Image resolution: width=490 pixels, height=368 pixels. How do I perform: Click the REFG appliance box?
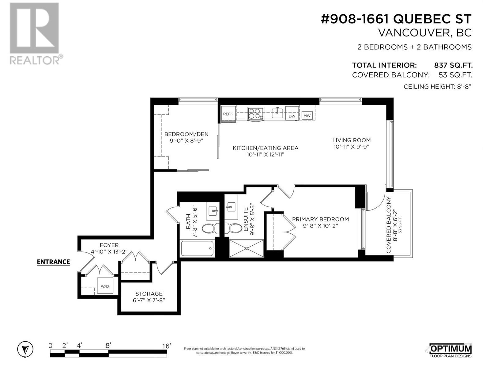228,114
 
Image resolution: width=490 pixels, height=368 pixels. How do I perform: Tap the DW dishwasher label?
292,116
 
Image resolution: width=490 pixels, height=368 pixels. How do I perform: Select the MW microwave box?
307,116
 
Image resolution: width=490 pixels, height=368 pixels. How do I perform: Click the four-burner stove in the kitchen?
256,113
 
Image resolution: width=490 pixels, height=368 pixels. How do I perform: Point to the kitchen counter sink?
277,113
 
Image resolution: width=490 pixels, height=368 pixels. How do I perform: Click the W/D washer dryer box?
105,286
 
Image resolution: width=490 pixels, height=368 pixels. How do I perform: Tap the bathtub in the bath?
197,248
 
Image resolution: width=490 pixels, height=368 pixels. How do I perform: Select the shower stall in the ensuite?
247,248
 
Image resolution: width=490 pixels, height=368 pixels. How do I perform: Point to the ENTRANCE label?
53,262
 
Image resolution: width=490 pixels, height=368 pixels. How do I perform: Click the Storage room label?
149,294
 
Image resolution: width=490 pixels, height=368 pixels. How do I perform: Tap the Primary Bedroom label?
320,219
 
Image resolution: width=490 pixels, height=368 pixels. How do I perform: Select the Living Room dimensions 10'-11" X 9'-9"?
352,147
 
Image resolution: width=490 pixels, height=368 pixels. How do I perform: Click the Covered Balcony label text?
389,225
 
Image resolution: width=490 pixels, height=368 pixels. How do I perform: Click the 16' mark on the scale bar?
167,346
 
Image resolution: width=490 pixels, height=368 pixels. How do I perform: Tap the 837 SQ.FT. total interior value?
453,65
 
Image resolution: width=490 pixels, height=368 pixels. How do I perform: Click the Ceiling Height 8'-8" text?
437,86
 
